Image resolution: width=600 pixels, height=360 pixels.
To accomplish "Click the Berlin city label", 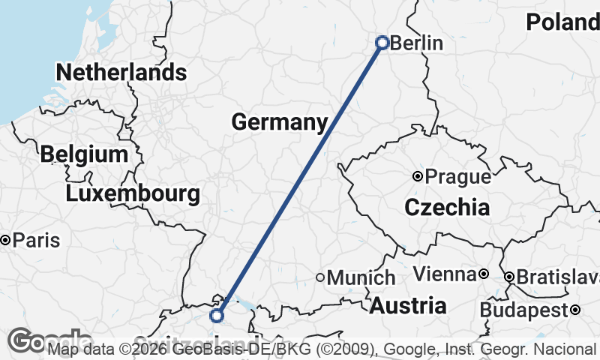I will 417,43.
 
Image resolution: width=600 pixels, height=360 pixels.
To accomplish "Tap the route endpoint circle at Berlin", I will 382,43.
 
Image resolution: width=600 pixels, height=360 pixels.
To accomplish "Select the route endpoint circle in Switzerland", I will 217,316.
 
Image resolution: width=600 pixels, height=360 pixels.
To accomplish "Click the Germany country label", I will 280,122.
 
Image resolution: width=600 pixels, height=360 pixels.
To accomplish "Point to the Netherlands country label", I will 121,73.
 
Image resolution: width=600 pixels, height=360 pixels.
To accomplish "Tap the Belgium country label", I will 84,154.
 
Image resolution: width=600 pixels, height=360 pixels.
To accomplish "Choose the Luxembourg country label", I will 133,194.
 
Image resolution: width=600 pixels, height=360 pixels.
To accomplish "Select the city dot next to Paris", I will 5,241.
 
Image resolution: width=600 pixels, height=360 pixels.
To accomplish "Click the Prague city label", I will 457,178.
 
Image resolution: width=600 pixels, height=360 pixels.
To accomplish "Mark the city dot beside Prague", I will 418,177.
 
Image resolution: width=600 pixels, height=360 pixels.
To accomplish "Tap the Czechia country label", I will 447,208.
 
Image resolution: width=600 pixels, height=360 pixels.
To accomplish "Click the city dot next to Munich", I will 320,277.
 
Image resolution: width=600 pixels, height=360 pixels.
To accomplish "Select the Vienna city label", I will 445,274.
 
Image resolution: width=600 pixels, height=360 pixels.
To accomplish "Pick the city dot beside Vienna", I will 484,274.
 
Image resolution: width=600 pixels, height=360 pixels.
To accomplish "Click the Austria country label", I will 408,306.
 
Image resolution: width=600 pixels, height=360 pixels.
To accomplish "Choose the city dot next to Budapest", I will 574,310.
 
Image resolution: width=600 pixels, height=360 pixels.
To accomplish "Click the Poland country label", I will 562,22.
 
